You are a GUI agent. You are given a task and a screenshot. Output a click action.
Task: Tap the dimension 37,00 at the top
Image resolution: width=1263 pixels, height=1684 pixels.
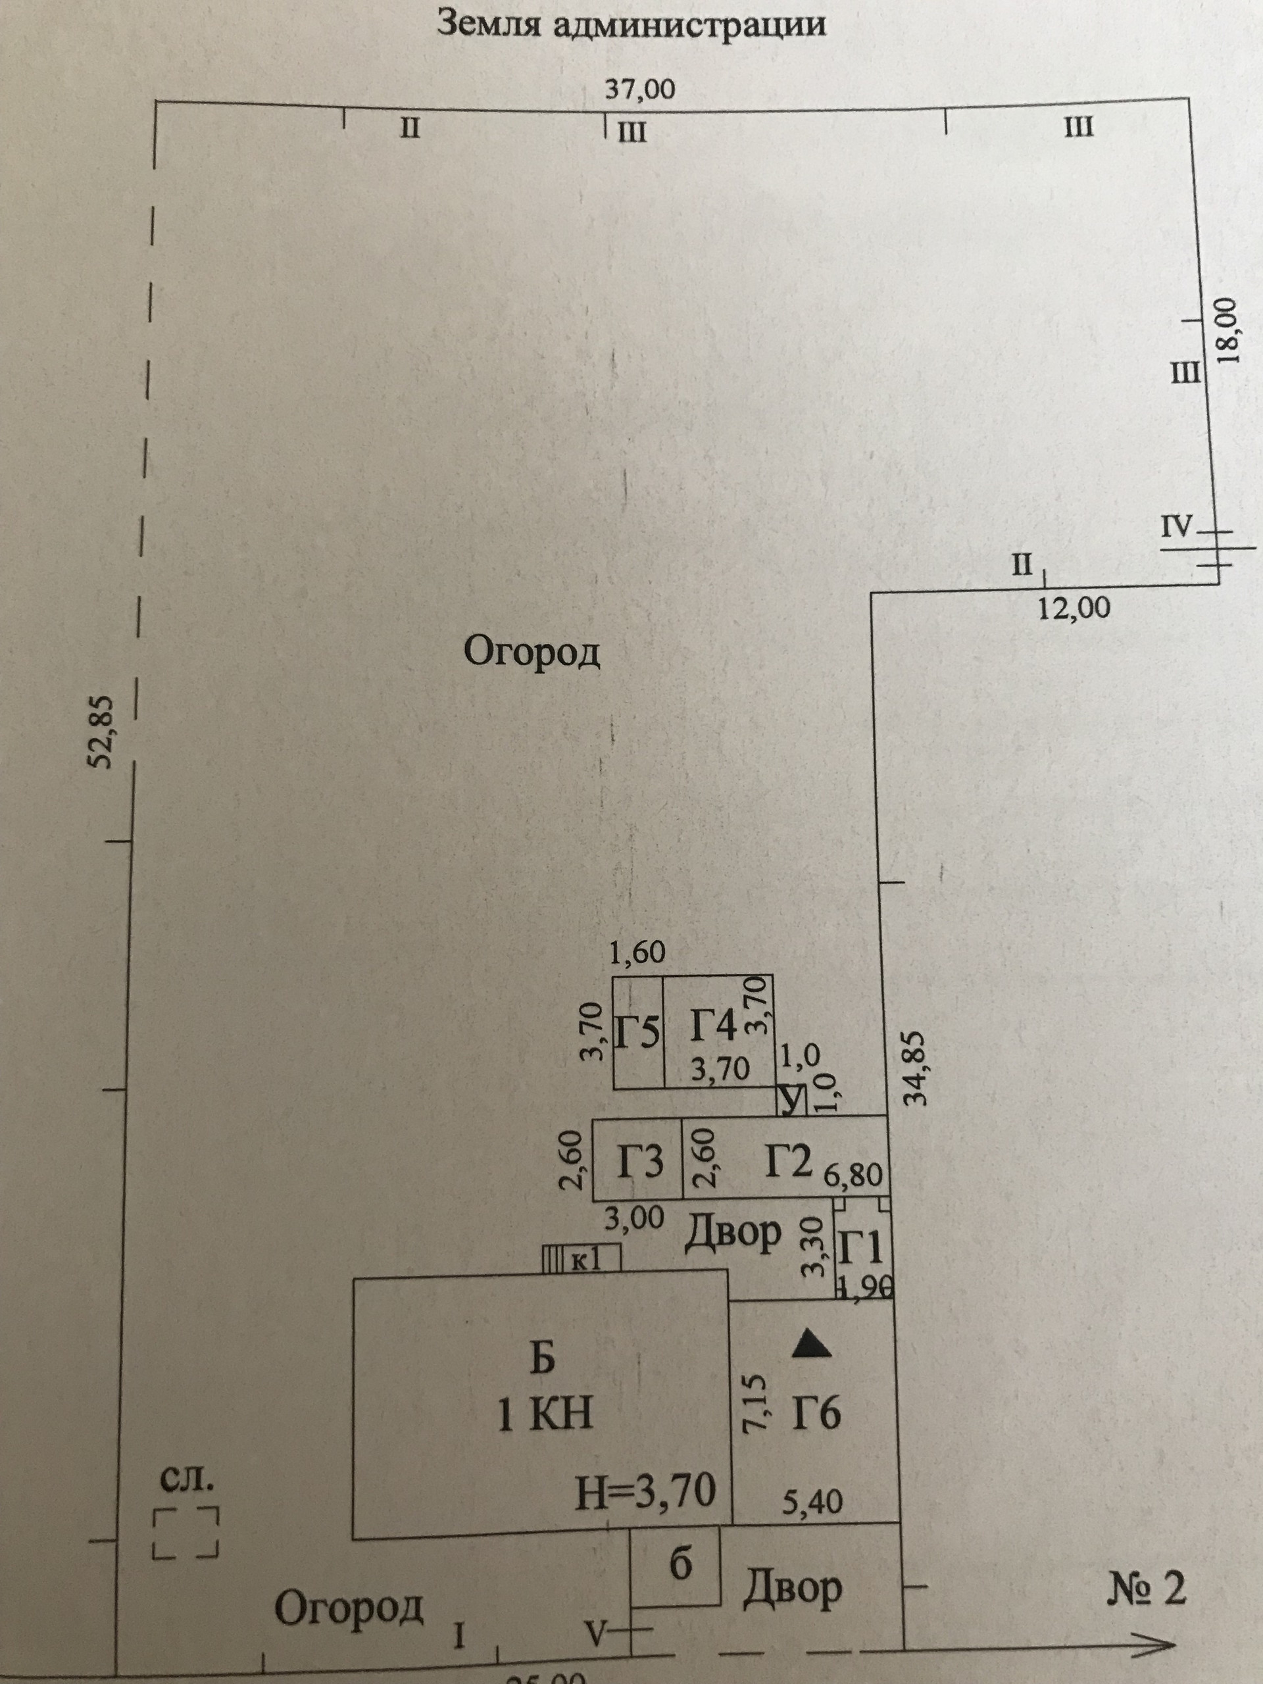(639, 91)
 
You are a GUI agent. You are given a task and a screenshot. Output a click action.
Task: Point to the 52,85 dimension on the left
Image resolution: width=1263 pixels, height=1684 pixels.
(102, 731)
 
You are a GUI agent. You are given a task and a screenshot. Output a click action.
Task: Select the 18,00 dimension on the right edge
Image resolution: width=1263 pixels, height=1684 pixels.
(1229, 328)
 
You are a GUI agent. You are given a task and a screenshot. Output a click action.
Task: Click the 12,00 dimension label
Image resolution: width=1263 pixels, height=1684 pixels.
(1074, 608)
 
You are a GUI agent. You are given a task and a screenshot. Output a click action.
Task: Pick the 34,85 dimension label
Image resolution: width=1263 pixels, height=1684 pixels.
(913, 1068)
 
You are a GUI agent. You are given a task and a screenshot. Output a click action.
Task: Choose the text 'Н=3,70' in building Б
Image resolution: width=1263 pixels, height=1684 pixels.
(645, 1490)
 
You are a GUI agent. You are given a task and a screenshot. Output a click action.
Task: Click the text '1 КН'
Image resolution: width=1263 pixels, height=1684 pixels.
(545, 1415)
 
